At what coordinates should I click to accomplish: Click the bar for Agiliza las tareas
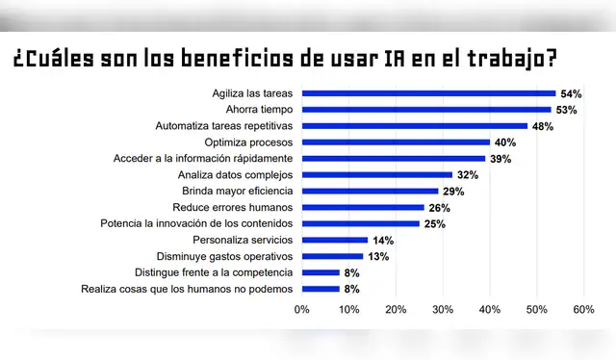point(428,93)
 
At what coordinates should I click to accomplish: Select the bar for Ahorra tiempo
point(426,110)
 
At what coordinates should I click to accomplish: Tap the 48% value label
point(542,126)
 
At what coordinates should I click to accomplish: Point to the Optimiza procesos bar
point(396,142)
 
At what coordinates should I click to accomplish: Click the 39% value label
point(500,159)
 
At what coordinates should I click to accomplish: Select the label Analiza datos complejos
point(236,175)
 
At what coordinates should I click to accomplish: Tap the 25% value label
point(434,224)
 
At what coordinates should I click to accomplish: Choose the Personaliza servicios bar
point(335,240)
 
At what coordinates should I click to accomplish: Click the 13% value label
point(377,256)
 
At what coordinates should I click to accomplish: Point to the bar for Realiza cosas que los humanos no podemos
point(321,289)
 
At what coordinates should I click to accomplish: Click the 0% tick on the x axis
point(302,310)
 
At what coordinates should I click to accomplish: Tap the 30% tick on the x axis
point(443,310)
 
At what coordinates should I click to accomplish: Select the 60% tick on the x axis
point(583,310)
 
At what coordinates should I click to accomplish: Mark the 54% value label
point(571,93)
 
